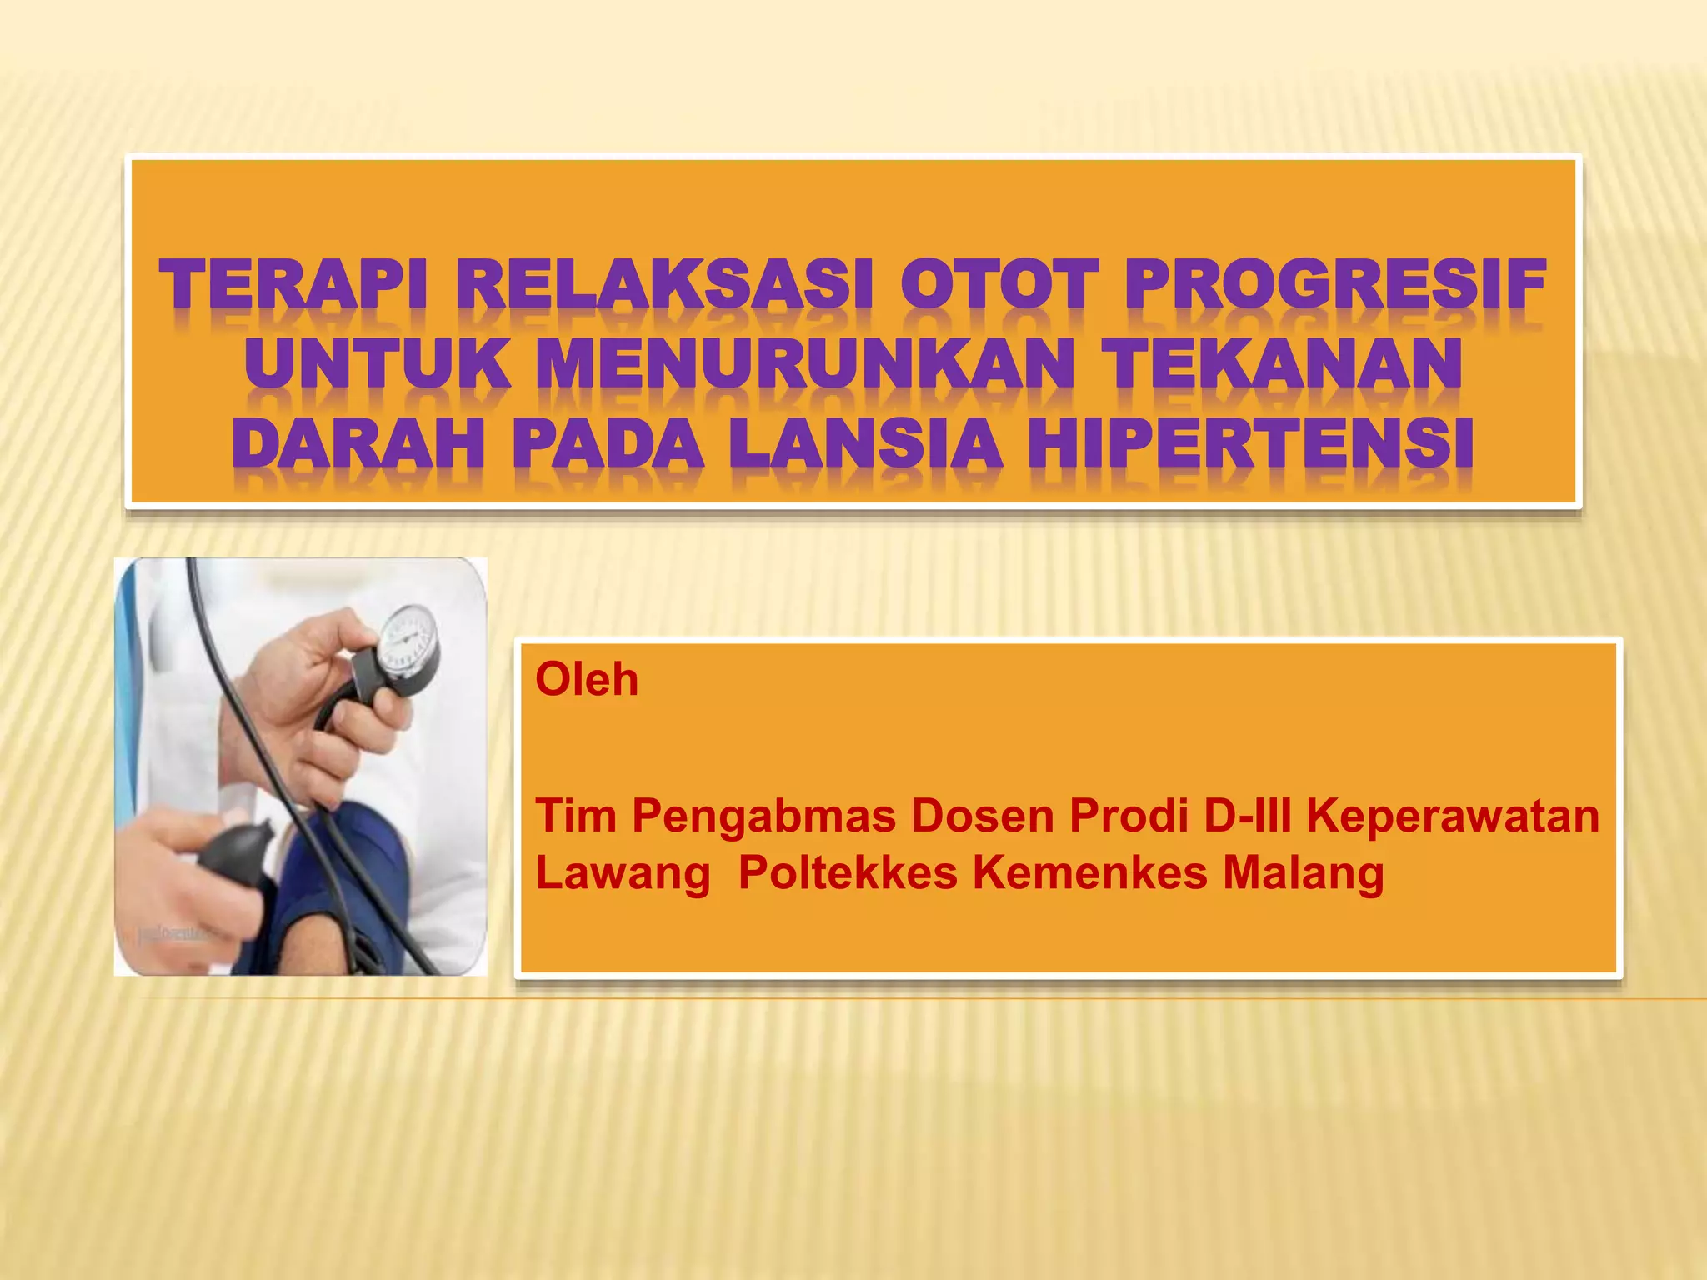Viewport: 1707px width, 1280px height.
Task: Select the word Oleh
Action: (x=587, y=679)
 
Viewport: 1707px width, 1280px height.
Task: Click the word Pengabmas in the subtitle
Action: (x=763, y=815)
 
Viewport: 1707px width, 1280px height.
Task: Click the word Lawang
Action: (x=623, y=873)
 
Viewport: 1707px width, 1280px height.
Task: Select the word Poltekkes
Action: (x=848, y=873)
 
